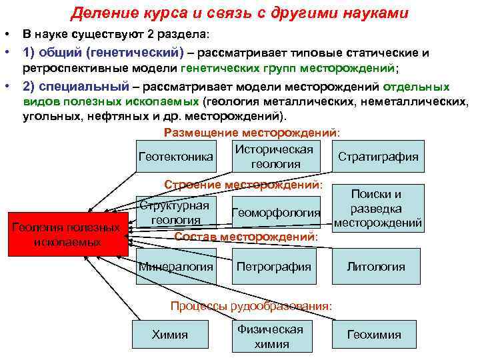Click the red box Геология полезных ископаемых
pos(67,234)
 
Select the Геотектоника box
pos(176,157)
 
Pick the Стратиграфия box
pos(378,157)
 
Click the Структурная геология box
pos(176,212)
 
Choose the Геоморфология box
pos(275,213)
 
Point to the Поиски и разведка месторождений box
pos(378,209)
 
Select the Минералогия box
pos(176,267)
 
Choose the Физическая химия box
pos(271,336)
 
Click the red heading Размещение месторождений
pos(251,133)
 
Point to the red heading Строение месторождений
pos(243,183)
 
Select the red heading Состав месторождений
pos(245,236)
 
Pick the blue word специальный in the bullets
pos(85,87)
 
